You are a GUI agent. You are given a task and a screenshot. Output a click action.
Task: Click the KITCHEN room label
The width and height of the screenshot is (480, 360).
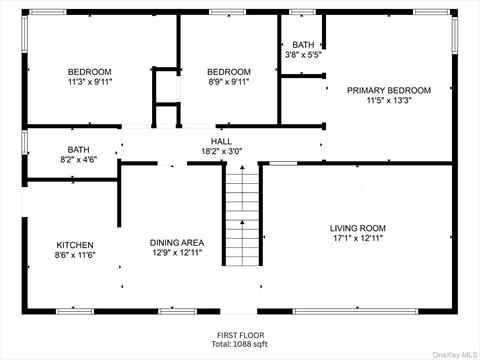[75, 245]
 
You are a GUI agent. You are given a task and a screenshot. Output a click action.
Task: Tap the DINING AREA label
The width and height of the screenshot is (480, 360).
[177, 243]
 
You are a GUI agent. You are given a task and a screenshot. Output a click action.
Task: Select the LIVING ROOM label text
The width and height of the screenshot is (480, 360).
[358, 228]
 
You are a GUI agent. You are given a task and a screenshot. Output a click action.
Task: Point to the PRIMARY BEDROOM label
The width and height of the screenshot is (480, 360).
[389, 90]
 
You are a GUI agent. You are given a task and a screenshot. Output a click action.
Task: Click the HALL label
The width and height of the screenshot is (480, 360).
[221, 141]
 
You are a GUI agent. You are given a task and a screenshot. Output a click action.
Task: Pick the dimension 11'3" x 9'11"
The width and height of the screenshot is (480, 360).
[90, 82]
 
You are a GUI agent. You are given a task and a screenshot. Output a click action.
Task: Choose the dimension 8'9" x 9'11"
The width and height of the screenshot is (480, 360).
[229, 82]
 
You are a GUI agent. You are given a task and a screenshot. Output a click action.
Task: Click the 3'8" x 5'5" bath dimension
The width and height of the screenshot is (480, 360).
[303, 55]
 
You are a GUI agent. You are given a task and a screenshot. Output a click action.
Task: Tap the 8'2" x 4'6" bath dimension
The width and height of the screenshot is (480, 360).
[79, 160]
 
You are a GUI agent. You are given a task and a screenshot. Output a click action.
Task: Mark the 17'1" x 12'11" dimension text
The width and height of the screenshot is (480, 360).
[358, 238]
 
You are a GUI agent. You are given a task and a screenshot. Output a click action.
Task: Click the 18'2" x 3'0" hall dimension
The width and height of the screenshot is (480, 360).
[221, 151]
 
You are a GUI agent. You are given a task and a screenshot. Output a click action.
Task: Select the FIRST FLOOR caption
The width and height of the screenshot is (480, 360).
[241, 335]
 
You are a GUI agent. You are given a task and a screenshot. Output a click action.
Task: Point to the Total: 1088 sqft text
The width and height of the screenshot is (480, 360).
[240, 344]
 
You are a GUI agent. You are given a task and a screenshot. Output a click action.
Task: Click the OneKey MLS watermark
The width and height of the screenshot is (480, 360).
[455, 355]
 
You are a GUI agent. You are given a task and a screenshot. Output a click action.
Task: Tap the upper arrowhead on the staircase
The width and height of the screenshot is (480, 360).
[242, 167]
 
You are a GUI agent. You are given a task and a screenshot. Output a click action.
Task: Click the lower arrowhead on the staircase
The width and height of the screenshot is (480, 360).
[242, 222]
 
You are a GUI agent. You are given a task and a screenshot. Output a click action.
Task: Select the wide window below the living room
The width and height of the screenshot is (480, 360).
[355, 311]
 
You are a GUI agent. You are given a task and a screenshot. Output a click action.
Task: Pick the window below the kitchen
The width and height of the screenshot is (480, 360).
[75, 311]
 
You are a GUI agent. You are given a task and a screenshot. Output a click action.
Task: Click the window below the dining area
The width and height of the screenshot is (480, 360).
[177, 311]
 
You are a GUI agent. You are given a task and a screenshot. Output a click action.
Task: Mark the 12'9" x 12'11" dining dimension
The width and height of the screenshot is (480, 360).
[177, 253]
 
